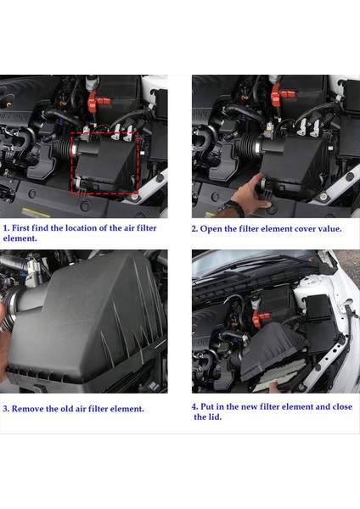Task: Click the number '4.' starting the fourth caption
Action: [x=194, y=406]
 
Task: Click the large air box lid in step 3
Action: [x=93, y=327]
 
